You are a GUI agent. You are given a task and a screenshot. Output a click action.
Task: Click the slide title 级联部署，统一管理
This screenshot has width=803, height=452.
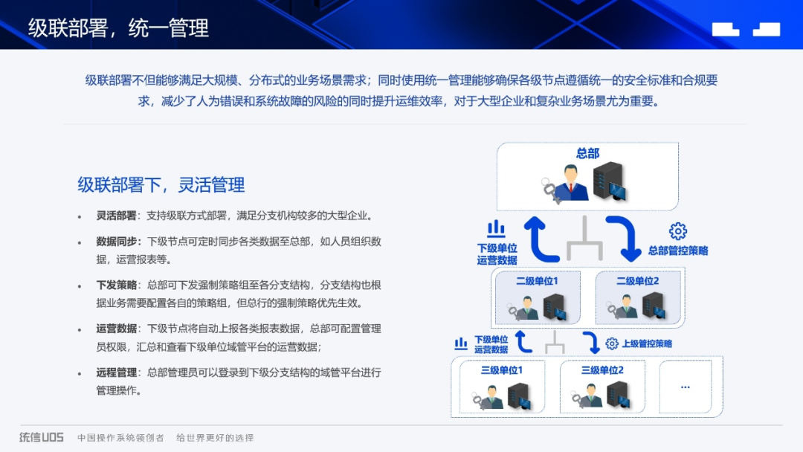[119, 28]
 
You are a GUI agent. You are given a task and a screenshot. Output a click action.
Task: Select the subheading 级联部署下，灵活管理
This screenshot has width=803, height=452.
[161, 184]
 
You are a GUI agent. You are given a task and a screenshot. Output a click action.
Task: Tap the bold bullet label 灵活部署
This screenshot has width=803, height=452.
[116, 216]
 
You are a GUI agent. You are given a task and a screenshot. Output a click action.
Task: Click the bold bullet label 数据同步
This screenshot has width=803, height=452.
[116, 242]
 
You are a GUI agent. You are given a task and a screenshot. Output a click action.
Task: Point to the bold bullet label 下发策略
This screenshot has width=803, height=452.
[116, 285]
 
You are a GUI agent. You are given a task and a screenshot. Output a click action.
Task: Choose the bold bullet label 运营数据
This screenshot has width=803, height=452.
[116, 329]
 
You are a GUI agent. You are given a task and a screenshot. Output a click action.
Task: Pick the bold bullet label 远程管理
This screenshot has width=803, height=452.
[116, 372]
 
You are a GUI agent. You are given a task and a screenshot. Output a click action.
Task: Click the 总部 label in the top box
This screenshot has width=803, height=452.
[587, 153]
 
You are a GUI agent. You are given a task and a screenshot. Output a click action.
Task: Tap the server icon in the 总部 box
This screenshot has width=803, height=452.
[609, 181]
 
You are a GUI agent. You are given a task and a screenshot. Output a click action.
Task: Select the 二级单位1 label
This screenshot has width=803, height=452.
[537, 281]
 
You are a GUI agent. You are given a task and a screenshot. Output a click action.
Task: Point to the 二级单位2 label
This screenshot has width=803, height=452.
[637, 281]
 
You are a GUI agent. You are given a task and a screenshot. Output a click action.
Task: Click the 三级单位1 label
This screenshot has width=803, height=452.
[501, 370]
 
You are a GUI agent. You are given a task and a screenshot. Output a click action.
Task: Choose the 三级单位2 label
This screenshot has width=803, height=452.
[602, 370]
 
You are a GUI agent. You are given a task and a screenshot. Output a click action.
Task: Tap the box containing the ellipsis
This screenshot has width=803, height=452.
[685, 387]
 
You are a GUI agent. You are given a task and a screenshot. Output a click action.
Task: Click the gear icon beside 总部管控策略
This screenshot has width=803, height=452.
[677, 231]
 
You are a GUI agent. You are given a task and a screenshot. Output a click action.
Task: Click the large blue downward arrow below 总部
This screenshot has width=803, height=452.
[622, 239]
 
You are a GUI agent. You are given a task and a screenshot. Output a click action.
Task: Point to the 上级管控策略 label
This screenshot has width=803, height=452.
[647, 343]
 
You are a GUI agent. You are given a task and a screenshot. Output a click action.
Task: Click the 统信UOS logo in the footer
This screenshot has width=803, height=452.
[42, 437]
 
